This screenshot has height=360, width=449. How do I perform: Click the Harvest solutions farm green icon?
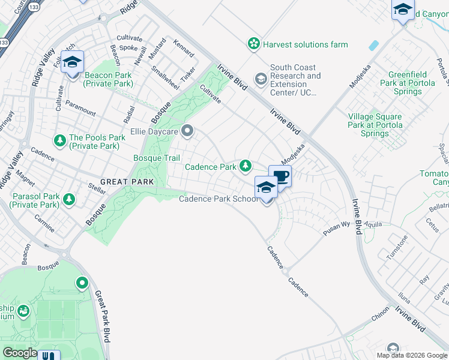(254, 44)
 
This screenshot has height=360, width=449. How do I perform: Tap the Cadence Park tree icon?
(245, 166)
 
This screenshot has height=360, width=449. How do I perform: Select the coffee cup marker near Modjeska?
(280, 176)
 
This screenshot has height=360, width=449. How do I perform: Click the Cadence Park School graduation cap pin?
(266, 187)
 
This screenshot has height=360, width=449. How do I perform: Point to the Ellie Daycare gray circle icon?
(188, 130)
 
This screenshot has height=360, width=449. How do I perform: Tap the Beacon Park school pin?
(72, 62)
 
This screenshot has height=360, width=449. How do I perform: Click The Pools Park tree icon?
(60, 141)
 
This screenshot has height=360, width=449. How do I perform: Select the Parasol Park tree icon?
(70, 199)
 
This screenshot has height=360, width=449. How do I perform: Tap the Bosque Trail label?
(156, 158)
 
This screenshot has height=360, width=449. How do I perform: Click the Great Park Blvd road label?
(103, 316)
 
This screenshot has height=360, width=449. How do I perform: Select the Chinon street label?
(380, 318)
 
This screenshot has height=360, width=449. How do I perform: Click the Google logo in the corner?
(20, 352)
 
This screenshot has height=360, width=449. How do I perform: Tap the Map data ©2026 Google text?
(411, 355)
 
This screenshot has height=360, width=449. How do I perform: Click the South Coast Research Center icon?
(261, 79)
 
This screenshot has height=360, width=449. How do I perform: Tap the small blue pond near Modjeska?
(375, 46)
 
